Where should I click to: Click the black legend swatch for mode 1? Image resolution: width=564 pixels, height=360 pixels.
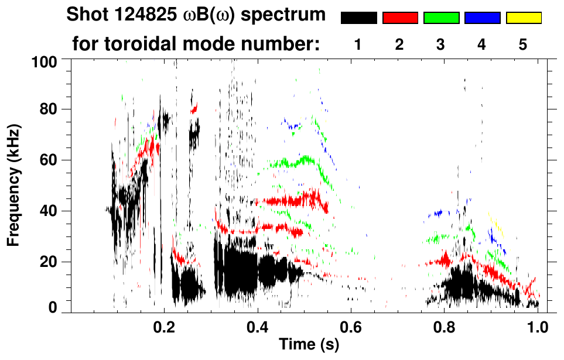(x=359, y=18)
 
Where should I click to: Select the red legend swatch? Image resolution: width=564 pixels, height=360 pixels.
(x=400, y=18)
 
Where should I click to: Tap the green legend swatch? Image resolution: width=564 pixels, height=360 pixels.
(x=441, y=18)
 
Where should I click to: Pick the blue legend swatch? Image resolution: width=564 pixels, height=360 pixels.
(x=482, y=18)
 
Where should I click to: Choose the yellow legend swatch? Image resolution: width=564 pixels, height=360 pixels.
(x=523, y=18)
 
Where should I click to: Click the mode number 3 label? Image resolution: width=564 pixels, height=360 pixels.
(x=440, y=45)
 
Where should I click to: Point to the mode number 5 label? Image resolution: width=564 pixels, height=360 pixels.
(x=523, y=45)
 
